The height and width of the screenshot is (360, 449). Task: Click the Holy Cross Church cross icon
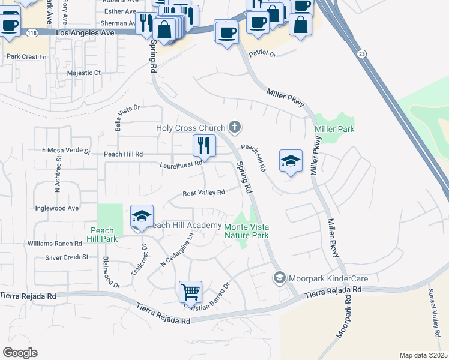pyautogui.click(x=235, y=127)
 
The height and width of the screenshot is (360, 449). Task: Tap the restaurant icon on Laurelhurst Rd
pyautogui.click(x=204, y=146)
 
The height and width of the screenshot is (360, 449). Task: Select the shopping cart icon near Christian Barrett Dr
pyautogui.click(x=190, y=292)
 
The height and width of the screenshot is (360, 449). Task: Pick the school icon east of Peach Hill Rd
pyautogui.click(x=291, y=161)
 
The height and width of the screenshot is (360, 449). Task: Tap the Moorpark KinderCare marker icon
pyautogui.click(x=279, y=278)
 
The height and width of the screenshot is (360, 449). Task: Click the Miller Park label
pyautogui.click(x=334, y=129)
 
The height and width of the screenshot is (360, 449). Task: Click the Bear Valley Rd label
pyautogui.click(x=203, y=193)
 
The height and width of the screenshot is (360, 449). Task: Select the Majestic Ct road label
pyautogui.click(x=85, y=73)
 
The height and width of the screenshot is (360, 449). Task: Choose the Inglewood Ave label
pyautogui.click(x=57, y=208)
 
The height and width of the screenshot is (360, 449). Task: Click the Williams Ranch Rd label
pyautogui.click(x=55, y=244)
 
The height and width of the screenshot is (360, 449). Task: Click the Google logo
pyautogui.click(x=20, y=353)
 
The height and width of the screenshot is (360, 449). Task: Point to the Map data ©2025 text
pyautogui.click(x=423, y=355)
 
